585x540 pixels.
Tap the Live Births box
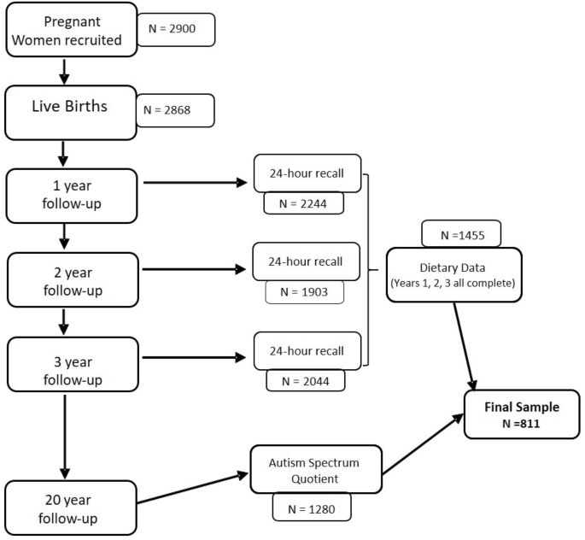(x=70, y=111)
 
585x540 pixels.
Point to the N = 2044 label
(x=306, y=379)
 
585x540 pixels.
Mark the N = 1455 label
(x=460, y=233)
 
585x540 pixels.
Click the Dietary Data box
(x=453, y=274)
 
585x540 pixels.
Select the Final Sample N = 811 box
(x=515, y=414)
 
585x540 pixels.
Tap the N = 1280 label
(x=311, y=508)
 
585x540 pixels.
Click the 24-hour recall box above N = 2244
(x=307, y=173)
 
